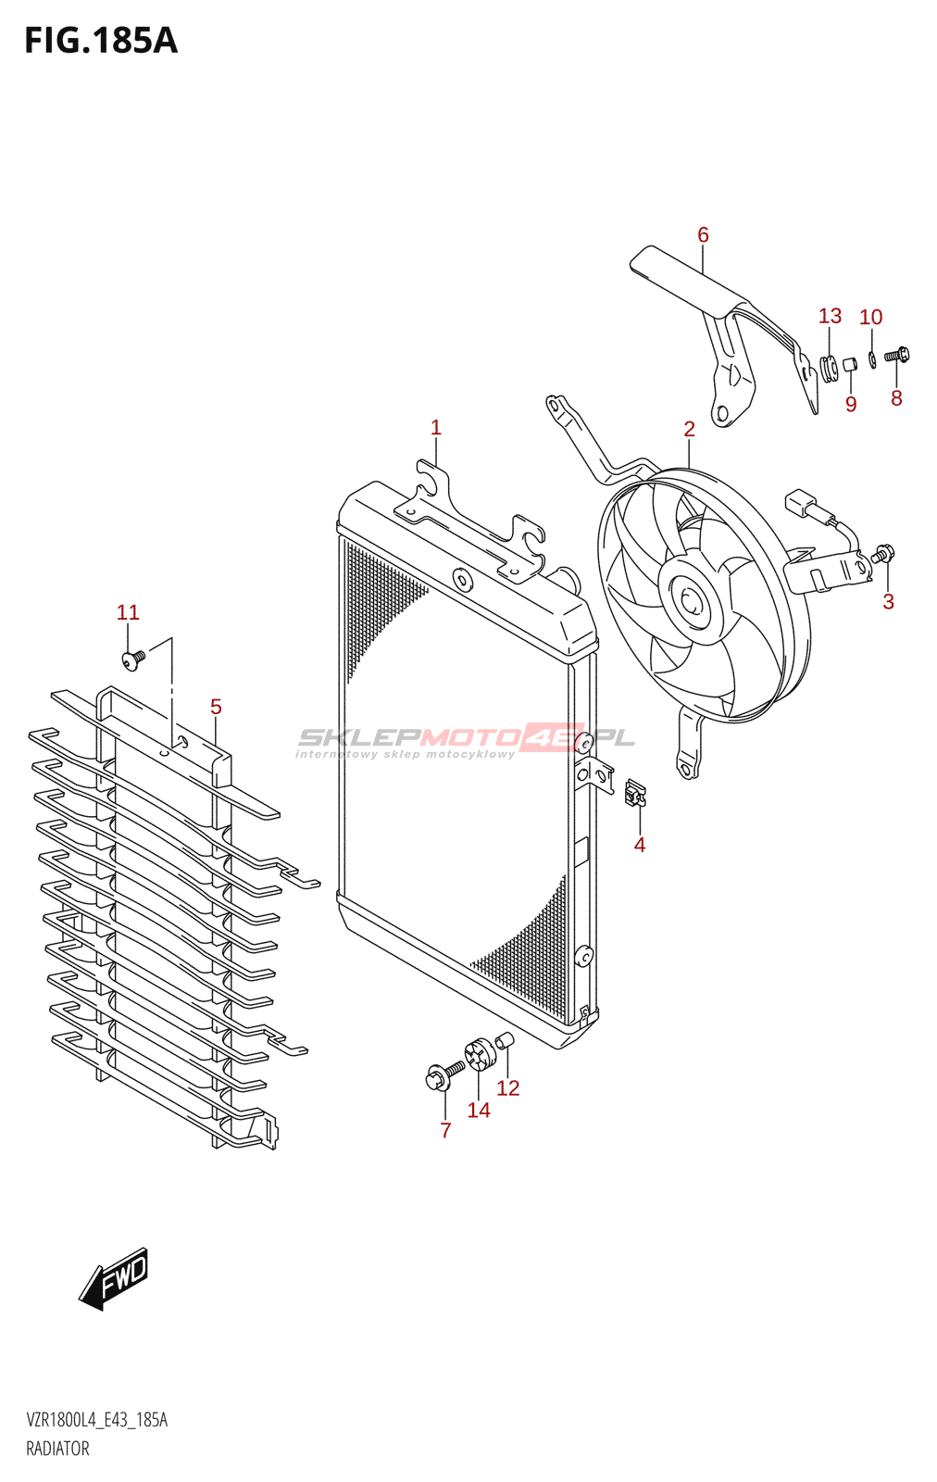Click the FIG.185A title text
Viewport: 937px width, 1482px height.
(x=100, y=41)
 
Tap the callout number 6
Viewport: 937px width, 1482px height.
(x=703, y=235)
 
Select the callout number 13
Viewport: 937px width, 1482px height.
(x=830, y=317)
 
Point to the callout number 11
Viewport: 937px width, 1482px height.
(x=128, y=612)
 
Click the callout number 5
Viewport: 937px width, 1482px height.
(x=216, y=707)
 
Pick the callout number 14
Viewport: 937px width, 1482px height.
(x=479, y=1110)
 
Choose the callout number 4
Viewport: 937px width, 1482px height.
(x=639, y=845)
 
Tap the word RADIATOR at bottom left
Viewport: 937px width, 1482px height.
(x=57, y=1449)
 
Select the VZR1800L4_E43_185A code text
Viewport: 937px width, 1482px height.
(x=97, y=1420)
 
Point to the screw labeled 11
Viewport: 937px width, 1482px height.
(x=132, y=659)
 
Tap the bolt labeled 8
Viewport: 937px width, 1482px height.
(x=896, y=355)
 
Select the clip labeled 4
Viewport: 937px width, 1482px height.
(x=635, y=793)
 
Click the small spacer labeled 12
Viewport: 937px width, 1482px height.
(x=505, y=1041)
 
